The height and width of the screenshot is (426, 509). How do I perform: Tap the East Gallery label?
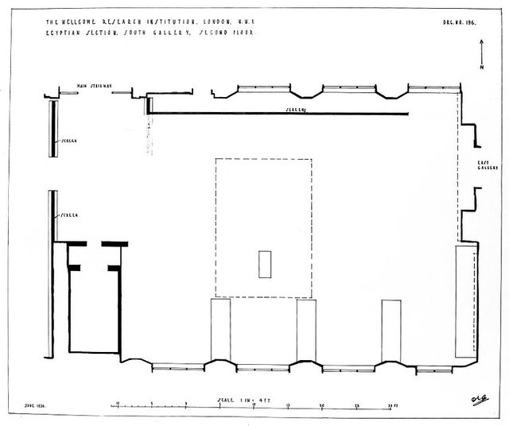(487, 165)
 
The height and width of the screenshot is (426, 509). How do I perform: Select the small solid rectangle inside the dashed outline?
(265, 264)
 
